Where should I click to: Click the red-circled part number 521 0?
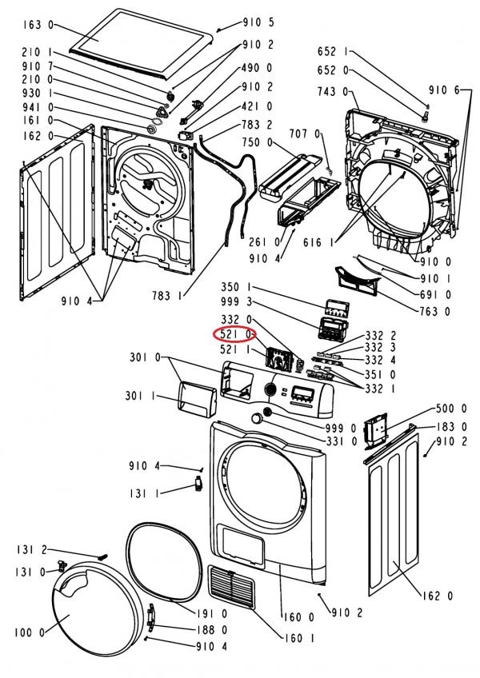click(238, 333)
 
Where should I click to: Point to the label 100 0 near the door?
click(30, 633)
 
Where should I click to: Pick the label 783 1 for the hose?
click(168, 297)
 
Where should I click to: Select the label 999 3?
click(238, 302)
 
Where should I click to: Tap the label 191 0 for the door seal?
click(213, 614)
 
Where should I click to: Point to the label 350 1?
click(238, 287)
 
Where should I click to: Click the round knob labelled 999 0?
click(256, 421)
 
